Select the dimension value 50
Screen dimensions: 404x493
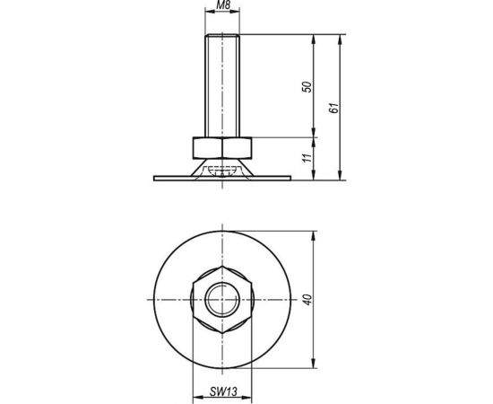point(307,87)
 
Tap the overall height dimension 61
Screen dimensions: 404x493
point(334,109)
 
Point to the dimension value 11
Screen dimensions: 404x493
point(307,159)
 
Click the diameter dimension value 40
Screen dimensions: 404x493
point(307,300)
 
